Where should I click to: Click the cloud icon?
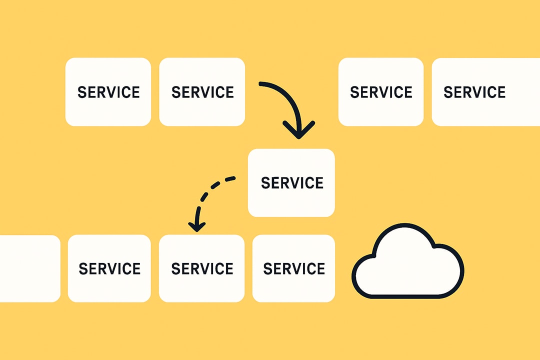(408, 262)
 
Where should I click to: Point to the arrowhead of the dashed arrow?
(196, 226)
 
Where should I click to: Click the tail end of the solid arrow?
(261, 84)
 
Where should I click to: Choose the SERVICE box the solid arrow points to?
(291, 182)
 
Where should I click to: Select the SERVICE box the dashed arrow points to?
(201, 268)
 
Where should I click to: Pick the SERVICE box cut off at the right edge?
(485, 92)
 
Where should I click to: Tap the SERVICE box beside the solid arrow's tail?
(202, 92)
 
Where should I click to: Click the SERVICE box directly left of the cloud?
(293, 268)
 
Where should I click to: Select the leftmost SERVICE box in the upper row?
(108, 92)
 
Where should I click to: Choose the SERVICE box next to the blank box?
(109, 268)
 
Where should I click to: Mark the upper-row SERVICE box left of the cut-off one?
(381, 92)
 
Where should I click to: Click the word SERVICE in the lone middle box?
(292, 183)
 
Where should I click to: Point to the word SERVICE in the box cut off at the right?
(474, 92)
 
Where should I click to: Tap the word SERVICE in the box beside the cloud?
(294, 269)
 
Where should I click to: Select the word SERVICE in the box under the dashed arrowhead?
(202, 269)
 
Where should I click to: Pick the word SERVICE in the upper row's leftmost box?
(108, 92)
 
